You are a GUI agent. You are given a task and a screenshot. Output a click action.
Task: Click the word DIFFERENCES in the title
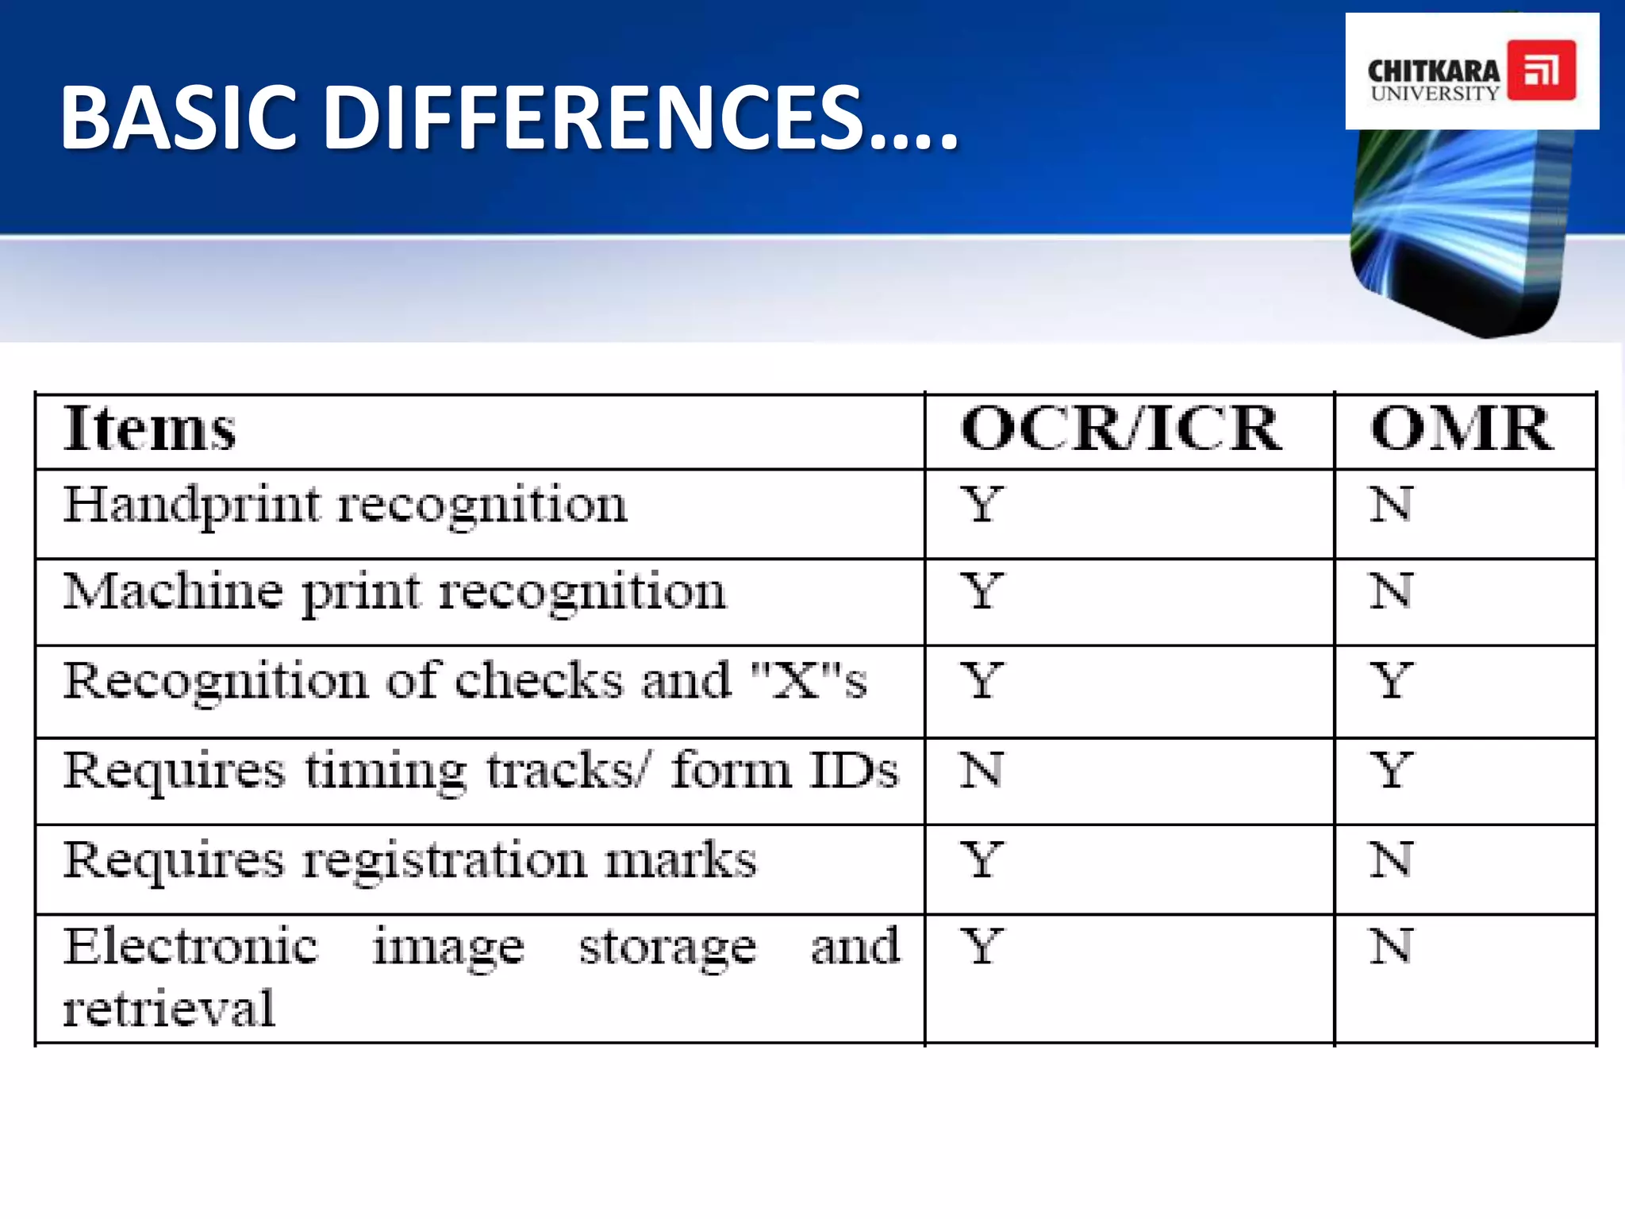coord(591,119)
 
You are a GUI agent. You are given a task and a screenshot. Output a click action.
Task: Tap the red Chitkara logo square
coord(1541,70)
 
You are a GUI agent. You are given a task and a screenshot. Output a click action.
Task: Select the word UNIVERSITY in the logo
coord(1435,93)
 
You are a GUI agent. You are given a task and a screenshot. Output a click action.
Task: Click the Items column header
coord(149,429)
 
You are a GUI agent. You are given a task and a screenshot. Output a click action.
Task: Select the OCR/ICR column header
coord(1120,429)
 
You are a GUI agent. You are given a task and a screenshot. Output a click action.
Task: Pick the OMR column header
coord(1462,429)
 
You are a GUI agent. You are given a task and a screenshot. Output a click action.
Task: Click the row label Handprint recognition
coord(345,505)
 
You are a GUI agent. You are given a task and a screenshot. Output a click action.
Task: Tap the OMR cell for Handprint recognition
coord(1391,505)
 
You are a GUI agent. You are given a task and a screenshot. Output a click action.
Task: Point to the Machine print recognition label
coord(394,592)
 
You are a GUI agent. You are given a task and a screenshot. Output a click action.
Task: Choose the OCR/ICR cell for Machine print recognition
coord(982,592)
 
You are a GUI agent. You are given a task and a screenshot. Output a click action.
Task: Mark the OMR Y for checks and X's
coord(1391,681)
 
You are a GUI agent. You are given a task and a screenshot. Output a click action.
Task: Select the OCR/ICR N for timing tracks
coord(982,770)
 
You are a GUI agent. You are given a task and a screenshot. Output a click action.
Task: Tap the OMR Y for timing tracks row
coord(1391,770)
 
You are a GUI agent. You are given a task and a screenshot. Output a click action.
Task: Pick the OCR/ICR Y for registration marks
coord(982,859)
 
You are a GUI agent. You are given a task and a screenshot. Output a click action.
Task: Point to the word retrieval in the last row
coord(169,1009)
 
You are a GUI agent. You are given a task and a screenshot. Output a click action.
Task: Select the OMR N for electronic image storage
coord(1391,947)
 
